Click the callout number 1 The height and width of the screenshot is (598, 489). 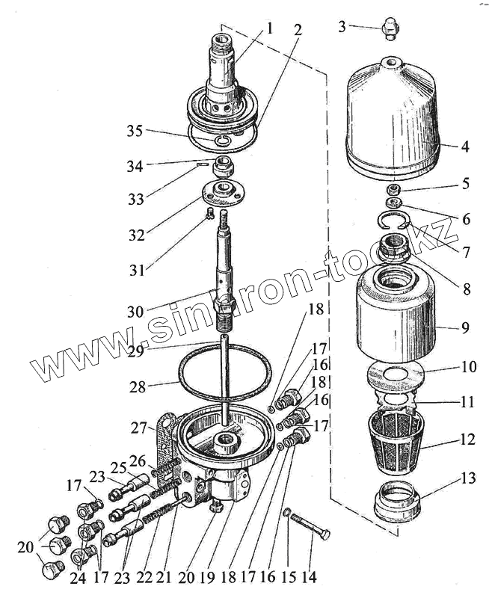click(268, 29)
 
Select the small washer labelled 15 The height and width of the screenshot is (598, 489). click(288, 512)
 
